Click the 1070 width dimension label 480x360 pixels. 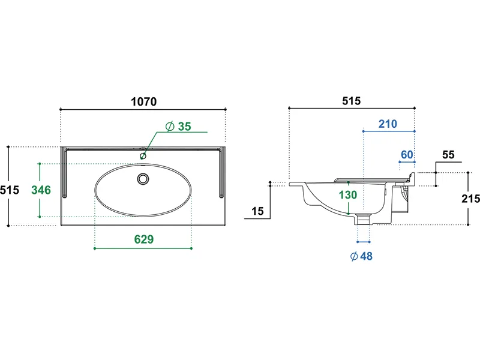[143, 101]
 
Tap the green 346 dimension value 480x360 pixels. [41, 190]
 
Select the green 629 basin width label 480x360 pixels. [144, 239]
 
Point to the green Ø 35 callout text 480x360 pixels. [178, 127]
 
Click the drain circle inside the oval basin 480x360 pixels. [143, 179]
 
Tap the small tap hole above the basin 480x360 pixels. [143, 156]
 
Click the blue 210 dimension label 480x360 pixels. [388, 124]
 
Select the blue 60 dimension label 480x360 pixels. [407, 155]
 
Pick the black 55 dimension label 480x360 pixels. [448, 155]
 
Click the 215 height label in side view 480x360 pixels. [471, 199]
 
